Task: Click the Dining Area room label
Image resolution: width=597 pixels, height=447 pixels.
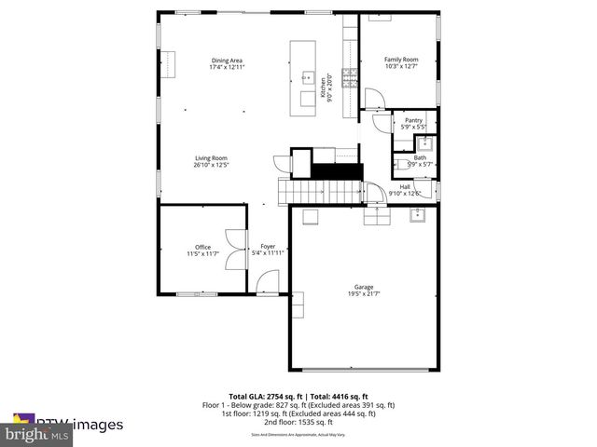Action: coord(227,61)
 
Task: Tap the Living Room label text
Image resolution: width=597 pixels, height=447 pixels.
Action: coord(212,158)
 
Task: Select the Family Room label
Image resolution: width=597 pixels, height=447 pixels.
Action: coord(401,60)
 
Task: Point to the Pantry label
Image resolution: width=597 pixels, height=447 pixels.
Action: coord(411,120)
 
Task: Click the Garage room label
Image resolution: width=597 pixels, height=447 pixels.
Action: coord(363,287)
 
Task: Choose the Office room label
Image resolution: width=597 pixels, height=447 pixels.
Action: coord(202,247)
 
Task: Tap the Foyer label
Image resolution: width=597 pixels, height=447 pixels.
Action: coord(267,247)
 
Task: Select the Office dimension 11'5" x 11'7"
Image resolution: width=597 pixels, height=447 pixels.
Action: coord(202,254)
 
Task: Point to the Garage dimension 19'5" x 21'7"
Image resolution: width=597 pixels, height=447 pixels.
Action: coord(363,294)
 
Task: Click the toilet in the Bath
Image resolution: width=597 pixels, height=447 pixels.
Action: coord(423,143)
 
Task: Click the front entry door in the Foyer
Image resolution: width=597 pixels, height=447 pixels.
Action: coord(269,282)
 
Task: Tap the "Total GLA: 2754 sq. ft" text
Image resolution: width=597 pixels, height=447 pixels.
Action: coord(262,396)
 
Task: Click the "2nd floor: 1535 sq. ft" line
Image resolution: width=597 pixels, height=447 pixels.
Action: coord(298,422)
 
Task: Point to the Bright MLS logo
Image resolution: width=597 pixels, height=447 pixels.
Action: coord(37,434)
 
